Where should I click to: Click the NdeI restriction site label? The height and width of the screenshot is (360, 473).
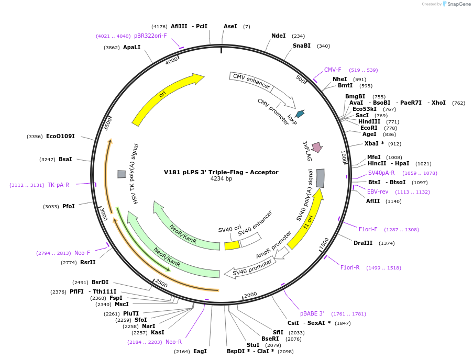tap(278, 36)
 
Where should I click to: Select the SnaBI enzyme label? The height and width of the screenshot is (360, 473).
tap(301, 46)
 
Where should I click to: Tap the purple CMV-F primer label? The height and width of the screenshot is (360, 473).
tap(332, 70)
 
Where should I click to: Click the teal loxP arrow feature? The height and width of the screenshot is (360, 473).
tap(300, 114)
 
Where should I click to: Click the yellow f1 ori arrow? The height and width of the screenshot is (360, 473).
tap(306, 220)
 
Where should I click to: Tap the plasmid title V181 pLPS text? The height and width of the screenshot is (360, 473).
tap(221, 172)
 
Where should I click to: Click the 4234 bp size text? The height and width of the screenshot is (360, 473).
tap(221, 179)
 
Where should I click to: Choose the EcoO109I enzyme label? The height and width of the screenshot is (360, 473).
tap(60, 136)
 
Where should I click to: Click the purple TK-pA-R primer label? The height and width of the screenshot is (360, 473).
tap(58, 185)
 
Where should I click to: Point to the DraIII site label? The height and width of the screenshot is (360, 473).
tap(362, 243)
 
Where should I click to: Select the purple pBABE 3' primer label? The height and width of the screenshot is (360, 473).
tap(312, 313)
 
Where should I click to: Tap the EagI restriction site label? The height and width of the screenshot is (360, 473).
tap(200, 351)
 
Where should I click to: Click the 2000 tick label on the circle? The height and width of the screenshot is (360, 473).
tap(250, 295)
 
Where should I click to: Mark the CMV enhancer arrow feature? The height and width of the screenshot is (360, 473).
tap(252, 82)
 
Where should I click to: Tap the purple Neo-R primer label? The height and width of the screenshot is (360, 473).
tap(173, 342)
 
